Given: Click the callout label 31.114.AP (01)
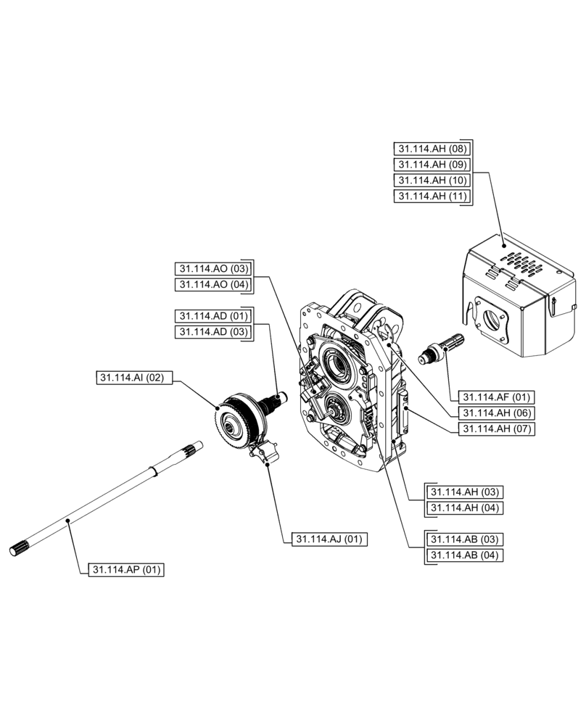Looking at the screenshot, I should tap(127, 570).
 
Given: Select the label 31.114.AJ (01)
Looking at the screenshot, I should tap(330, 539).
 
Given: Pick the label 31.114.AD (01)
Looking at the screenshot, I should tap(213, 316).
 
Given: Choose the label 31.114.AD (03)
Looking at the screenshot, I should tap(213, 331).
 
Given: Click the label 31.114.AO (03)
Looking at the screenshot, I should tap(213, 268).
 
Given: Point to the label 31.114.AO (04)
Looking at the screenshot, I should tap(213, 284).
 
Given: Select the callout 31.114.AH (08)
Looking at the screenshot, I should tap(432, 149).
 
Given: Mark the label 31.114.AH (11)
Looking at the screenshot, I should tap(432, 196).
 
